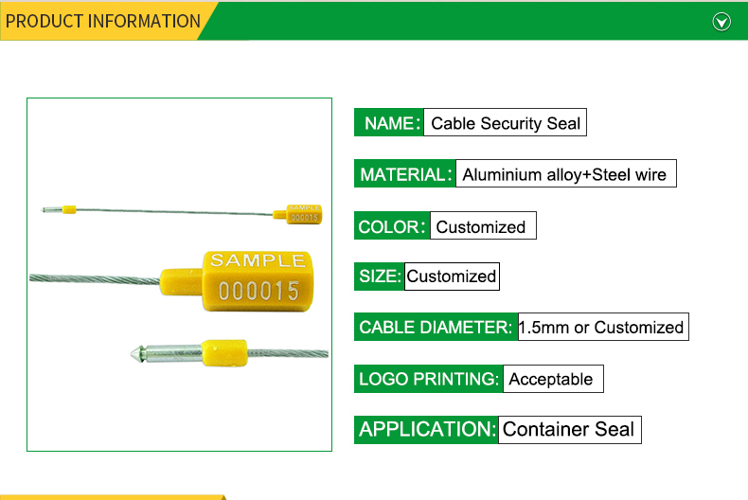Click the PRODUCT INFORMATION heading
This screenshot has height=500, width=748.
(102, 21)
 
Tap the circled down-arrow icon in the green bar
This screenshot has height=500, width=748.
(721, 22)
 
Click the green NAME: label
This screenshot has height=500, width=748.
(389, 122)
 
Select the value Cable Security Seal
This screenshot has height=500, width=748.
(506, 122)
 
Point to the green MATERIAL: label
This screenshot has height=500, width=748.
(405, 173)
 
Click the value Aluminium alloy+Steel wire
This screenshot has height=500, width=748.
(566, 173)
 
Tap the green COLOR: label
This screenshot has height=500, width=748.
(392, 225)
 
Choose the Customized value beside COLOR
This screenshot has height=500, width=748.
(483, 225)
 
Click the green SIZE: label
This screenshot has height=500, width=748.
(380, 277)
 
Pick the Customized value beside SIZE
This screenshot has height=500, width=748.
(452, 277)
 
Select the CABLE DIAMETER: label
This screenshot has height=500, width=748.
(436, 327)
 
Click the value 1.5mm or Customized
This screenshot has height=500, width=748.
(603, 327)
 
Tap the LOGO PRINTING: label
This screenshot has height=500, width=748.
(428, 379)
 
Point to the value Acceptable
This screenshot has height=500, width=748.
(553, 379)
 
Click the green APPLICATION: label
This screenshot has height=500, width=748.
(426, 429)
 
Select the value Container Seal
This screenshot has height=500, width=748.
(570, 429)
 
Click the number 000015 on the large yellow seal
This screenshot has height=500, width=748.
(258, 291)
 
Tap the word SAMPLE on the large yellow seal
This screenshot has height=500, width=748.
(258, 260)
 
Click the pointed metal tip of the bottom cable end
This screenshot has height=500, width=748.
(131, 353)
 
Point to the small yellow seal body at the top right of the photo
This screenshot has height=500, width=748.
(303, 214)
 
